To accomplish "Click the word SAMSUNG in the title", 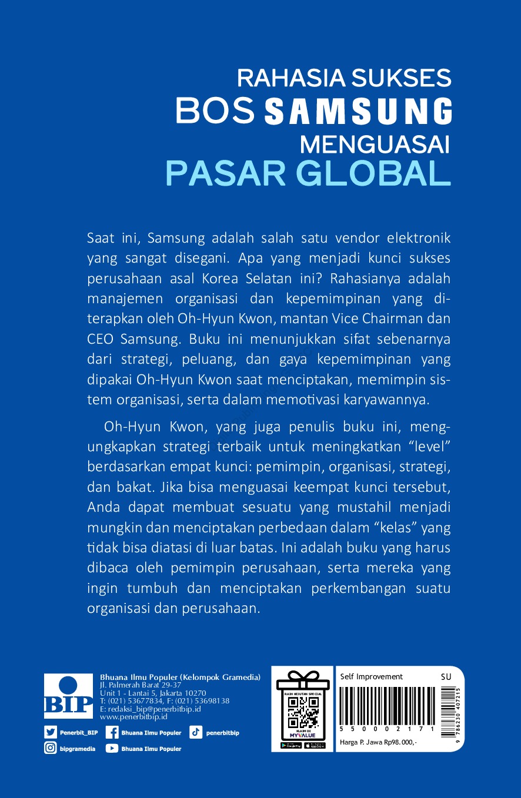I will point(359,111).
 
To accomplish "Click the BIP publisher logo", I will point(68,696).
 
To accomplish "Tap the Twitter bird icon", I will point(51,733).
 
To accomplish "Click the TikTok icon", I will point(196,732).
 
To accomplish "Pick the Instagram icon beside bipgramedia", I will point(51,749).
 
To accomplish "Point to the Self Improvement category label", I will point(372,676).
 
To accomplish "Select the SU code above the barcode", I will point(446,677).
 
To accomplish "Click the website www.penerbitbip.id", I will point(134,717).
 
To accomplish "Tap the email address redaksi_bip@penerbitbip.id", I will point(151,709).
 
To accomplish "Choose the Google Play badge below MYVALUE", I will point(291,745).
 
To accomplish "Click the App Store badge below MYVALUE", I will point(315,745).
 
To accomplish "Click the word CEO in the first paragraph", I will point(101,339).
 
